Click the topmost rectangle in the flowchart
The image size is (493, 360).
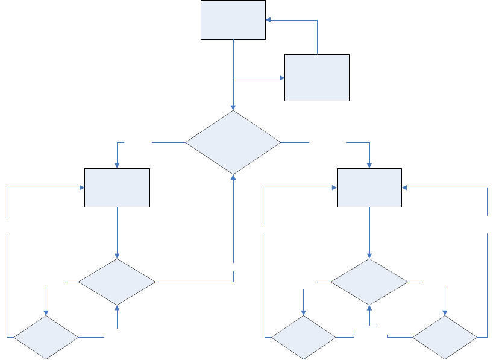pyautogui.click(x=233, y=20)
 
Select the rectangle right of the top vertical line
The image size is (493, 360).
pyautogui.click(x=316, y=77)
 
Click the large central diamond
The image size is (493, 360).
pyautogui.click(x=233, y=142)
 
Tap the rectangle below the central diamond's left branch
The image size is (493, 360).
pyautogui.click(x=117, y=188)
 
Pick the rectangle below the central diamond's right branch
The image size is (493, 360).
pyautogui.click(x=369, y=188)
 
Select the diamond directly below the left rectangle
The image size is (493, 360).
pyautogui.click(x=117, y=282)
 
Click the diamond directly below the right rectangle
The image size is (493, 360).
pyautogui.click(x=369, y=282)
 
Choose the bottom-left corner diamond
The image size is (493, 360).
pyautogui.click(x=46, y=336)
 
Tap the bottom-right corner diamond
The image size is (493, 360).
pyautogui.click(x=445, y=336)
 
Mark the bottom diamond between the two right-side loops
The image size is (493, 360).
pyautogui.click(x=303, y=336)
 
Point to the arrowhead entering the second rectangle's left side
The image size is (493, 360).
pyautogui.click(x=281, y=78)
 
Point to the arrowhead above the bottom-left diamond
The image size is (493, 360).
pyautogui.click(x=46, y=312)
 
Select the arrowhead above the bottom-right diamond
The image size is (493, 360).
pyautogui.click(x=445, y=312)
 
